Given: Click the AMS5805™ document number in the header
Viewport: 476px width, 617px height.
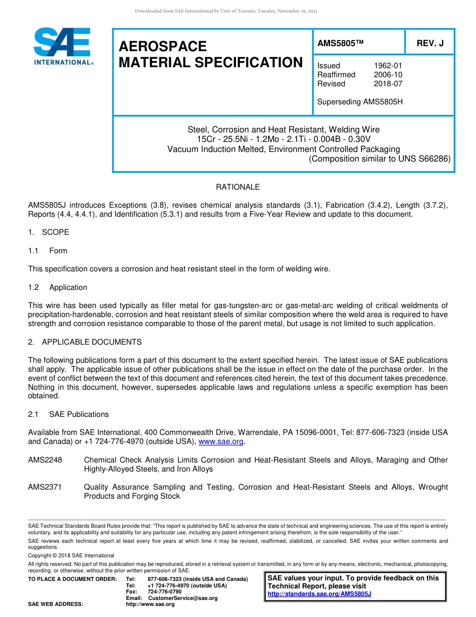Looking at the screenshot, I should click(x=340, y=44).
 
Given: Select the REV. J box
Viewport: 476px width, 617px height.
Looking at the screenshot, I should click(x=430, y=44).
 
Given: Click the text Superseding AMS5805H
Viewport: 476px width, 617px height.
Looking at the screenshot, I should click(x=360, y=102).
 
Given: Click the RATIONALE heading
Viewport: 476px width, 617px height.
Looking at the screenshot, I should click(x=237, y=187).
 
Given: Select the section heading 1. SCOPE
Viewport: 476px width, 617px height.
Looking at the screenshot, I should click(x=49, y=232).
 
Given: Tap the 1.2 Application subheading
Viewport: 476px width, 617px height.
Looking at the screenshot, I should click(x=58, y=287).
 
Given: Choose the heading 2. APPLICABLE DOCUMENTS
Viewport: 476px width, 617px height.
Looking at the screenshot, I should click(x=85, y=342).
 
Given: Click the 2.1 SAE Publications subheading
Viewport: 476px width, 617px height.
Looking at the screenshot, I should click(x=68, y=414).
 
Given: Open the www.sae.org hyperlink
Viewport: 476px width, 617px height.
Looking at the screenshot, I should click(x=221, y=442).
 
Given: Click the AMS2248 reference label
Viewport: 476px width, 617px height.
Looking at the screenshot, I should click(x=45, y=460).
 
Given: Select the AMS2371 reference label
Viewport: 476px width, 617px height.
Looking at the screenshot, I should click(x=45, y=487).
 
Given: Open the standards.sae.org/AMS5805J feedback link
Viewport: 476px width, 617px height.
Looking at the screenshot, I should click(x=319, y=594).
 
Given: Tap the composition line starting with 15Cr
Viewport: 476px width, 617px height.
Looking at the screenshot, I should click(x=284, y=139).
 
